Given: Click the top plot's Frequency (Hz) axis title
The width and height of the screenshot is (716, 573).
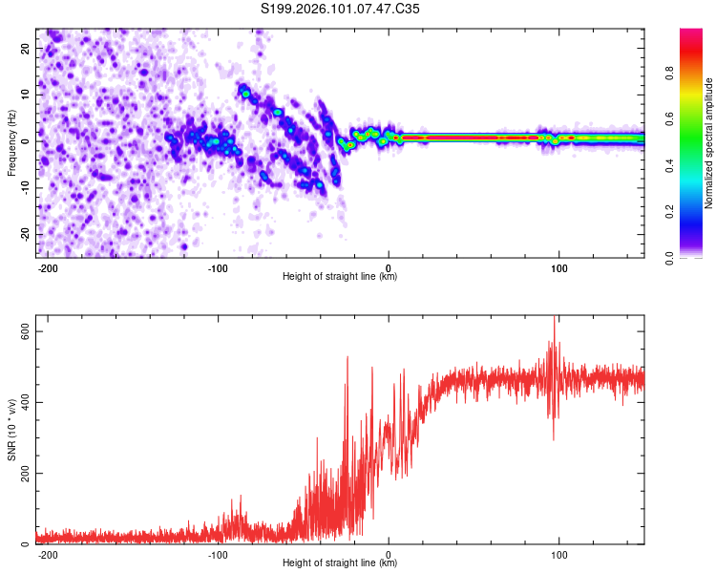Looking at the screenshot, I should click(x=11, y=140).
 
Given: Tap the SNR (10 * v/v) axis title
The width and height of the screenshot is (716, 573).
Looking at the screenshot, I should click(x=11, y=435).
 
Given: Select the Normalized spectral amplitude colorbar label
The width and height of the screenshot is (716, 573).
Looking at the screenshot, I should click(x=709, y=142).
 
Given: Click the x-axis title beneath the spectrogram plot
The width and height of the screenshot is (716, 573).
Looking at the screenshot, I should click(x=340, y=277).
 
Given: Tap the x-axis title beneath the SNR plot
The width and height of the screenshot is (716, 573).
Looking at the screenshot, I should click(x=340, y=563).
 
